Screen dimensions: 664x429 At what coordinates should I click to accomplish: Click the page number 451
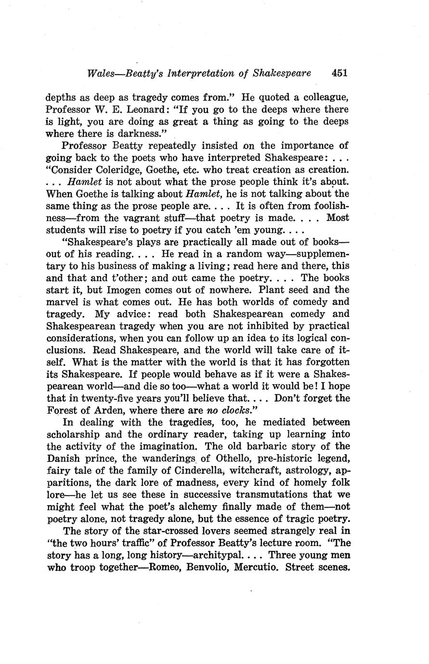click(x=339, y=73)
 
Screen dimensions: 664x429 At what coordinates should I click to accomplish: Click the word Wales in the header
click(x=100, y=73)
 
